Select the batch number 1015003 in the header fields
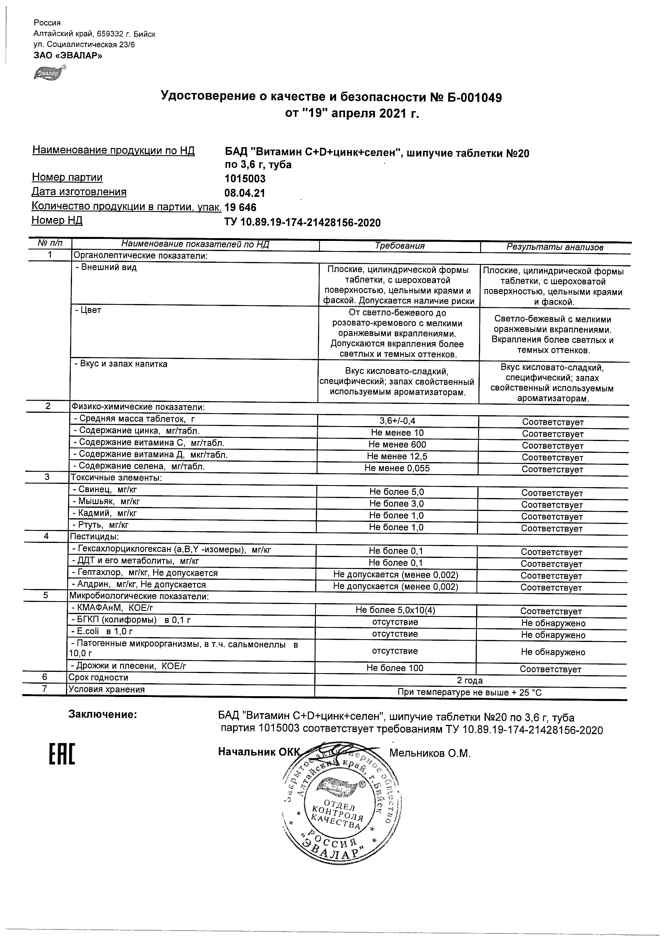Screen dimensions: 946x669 [x=245, y=179]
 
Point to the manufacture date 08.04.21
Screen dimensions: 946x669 [x=244, y=193]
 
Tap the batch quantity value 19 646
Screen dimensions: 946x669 [x=240, y=207]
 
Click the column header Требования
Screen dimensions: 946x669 [x=400, y=246]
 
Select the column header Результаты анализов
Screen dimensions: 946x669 [x=555, y=247]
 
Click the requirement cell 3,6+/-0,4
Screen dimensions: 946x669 [x=397, y=421]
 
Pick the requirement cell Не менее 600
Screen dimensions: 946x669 [x=397, y=445]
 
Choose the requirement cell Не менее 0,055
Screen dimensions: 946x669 [x=396, y=468]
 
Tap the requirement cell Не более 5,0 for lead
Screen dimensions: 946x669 [x=396, y=492]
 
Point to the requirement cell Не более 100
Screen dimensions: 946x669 [x=395, y=668]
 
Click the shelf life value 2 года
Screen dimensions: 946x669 [x=470, y=680]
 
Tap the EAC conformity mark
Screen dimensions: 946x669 [x=62, y=754]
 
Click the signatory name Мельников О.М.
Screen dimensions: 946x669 [x=430, y=754]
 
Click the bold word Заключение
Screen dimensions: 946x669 [x=102, y=714]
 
